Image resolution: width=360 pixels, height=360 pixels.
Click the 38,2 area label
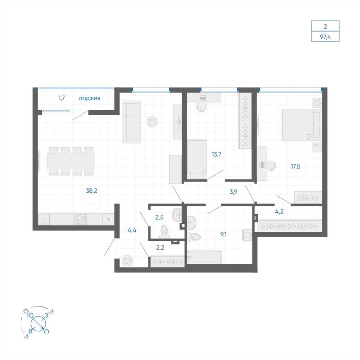point(92,191)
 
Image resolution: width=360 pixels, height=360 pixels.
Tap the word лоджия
point(90,98)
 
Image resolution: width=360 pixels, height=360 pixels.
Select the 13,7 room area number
point(217,154)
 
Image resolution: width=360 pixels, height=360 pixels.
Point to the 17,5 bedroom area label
point(295,166)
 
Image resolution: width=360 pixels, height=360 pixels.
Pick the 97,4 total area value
point(325,37)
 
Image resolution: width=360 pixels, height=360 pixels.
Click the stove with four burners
point(80,219)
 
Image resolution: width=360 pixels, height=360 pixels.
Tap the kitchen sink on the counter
point(44,219)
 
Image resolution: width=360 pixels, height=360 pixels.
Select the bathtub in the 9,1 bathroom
point(204,257)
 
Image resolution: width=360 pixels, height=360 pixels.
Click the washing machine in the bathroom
point(247,235)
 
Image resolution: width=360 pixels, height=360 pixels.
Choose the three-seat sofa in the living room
point(131,122)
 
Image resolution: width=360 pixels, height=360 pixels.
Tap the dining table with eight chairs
point(71,161)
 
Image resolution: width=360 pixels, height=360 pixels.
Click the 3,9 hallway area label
point(233,192)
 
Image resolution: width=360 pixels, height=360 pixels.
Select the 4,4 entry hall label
point(132,230)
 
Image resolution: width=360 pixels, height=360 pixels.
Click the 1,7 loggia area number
point(62,98)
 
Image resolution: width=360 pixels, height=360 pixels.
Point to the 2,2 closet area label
point(160,247)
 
